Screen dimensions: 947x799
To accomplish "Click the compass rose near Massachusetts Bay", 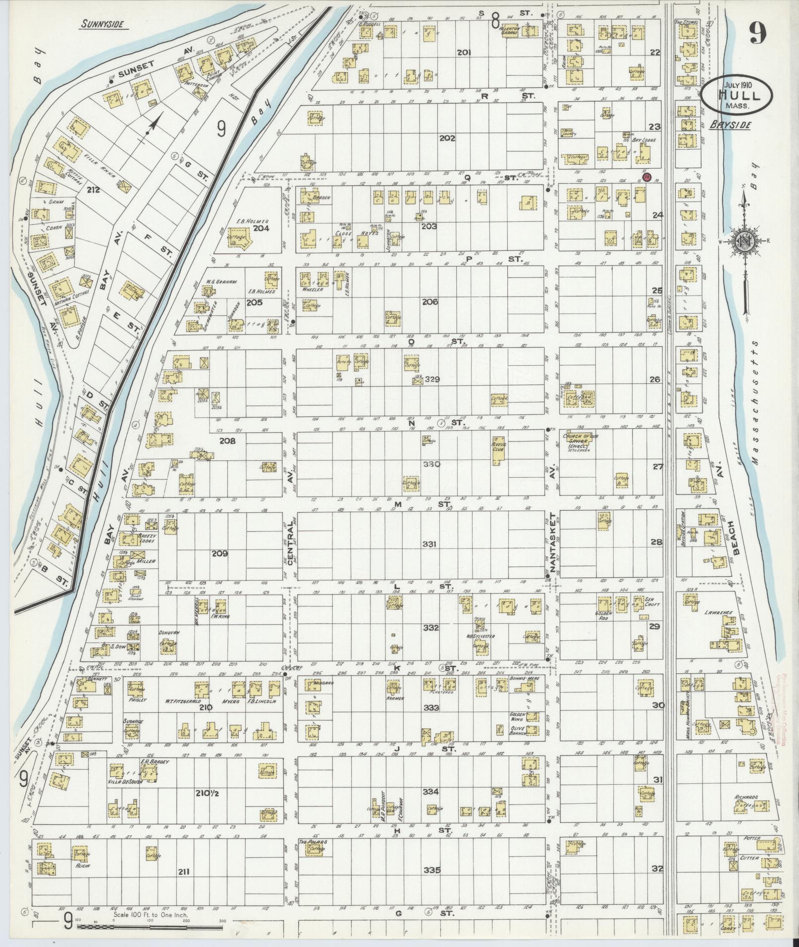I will [744, 241].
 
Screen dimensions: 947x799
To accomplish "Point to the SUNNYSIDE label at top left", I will [103, 23].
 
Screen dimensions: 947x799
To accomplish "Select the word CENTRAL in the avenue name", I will [291, 538].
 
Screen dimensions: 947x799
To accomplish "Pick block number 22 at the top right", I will [655, 52].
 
